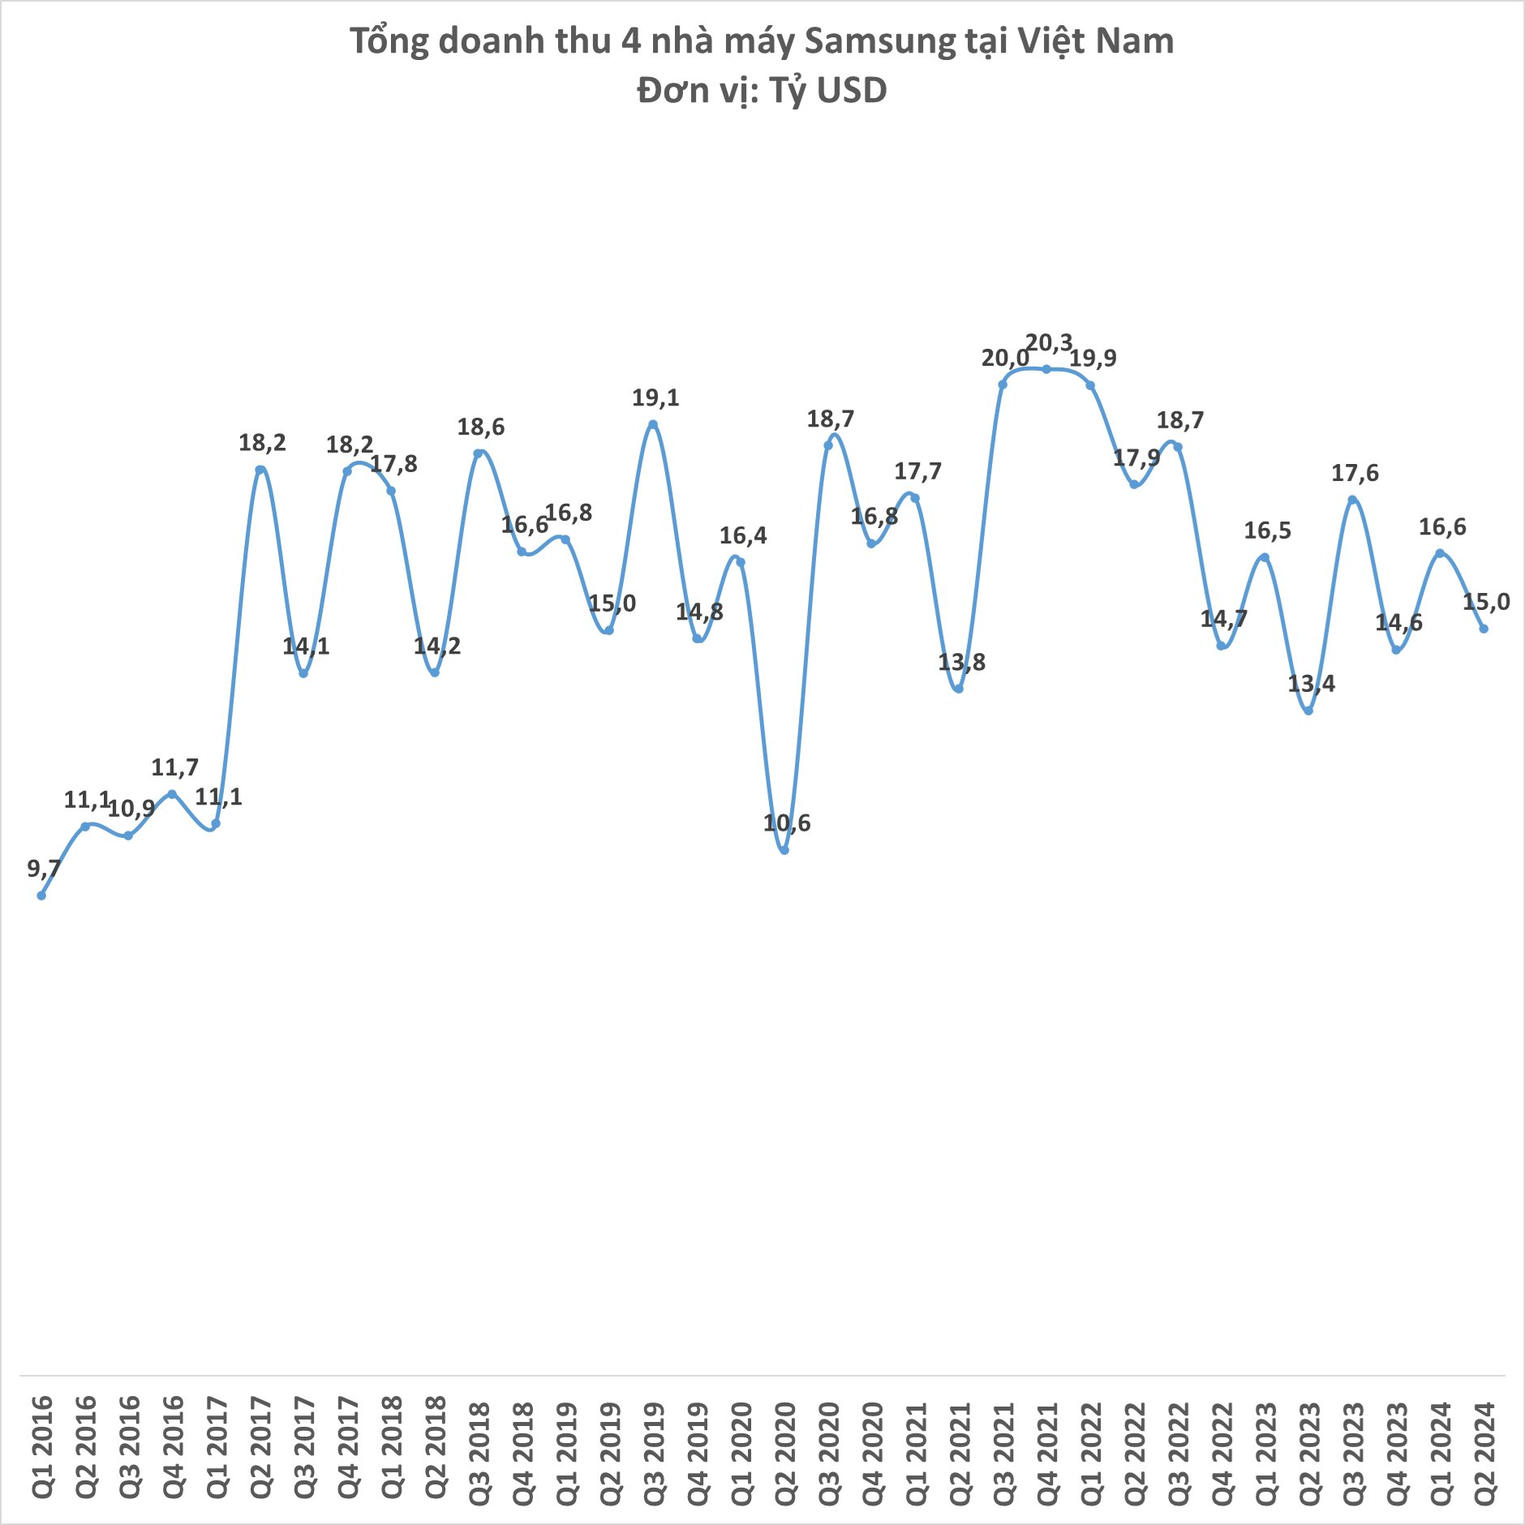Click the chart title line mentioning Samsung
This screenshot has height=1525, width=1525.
pyautogui.click(x=762, y=41)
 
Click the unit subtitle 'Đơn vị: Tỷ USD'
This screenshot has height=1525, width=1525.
pyautogui.click(x=762, y=90)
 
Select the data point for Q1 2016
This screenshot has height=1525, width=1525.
pyautogui.click(x=41, y=896)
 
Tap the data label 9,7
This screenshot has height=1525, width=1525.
pyautogui.click(x=44, y=869)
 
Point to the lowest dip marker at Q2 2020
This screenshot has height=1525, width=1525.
pyautogui.click(x=784, y=850)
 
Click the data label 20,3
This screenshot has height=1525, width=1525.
pyautogui.click(x=1049, y=343)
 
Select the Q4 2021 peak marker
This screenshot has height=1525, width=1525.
pyautogui.click(x=1046, y=369)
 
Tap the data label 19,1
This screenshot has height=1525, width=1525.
pyautogui.click(x=655, y=398)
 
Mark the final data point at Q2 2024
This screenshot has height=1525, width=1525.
pyautogui.click(x=1484, y=629)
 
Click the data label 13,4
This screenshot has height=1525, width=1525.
pyautogui.click(x=1311, y=684)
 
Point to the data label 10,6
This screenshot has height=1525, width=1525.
pyautogui.click(x=787, y=823)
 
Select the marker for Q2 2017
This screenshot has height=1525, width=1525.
pyautogui.click(x=260, y=470)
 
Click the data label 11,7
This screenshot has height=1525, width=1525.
pyautogui.click(x=174, y=767)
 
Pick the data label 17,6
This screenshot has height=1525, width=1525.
pyautogui.click(x=1355, y=473)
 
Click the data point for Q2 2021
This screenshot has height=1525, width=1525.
pyautogui.click(x=959, y=689)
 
